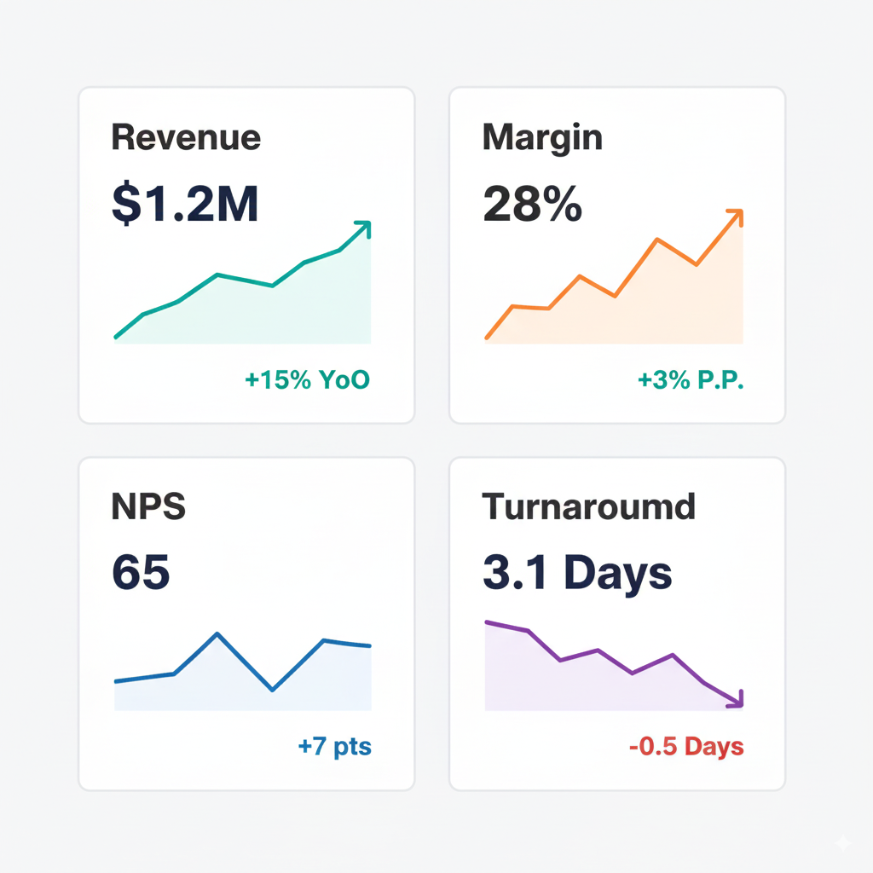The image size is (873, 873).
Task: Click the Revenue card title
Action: (186, 137)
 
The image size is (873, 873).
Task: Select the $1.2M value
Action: (185, 205)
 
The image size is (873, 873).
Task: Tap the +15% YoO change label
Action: (308, 379)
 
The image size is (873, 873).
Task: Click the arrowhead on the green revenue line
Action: (364, 228)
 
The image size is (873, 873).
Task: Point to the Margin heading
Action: (542, 137)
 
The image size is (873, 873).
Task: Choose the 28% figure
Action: (532, 205)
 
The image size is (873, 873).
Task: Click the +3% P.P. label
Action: (691, 379)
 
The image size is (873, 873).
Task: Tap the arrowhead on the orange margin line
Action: (736, 216)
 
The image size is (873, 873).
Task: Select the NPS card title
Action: (148, 507)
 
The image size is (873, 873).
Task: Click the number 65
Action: (141, 572)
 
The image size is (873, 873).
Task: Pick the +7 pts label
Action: (335, 748)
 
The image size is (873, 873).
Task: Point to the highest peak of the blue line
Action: (218, 634)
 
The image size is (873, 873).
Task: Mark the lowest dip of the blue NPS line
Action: (272, 689)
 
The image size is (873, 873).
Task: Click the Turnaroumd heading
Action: (589, 507)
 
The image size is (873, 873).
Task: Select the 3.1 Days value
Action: (577, 573)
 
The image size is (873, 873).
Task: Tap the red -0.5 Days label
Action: (686, 748)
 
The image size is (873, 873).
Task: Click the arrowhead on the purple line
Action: (737, 700)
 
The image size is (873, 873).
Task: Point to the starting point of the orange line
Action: (487, 338)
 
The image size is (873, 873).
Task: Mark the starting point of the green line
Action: (116, 338)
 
